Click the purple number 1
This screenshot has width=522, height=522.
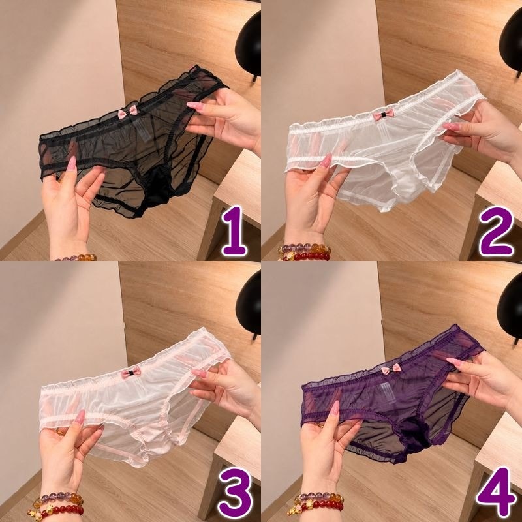pos(235,231)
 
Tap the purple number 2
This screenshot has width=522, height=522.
pos(497,231)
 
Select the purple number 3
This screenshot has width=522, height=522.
pos(236,493)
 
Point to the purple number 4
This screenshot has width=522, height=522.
pos(497,493)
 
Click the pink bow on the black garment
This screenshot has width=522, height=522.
pos(128,112)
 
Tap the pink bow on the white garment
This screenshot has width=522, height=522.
pos(383,115)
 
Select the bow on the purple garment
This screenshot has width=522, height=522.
pos(391,369)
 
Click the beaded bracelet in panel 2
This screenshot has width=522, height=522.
pos(304,252)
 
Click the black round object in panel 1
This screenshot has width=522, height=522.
pos(248,45)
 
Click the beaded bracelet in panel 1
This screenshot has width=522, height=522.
pos(76,257)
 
